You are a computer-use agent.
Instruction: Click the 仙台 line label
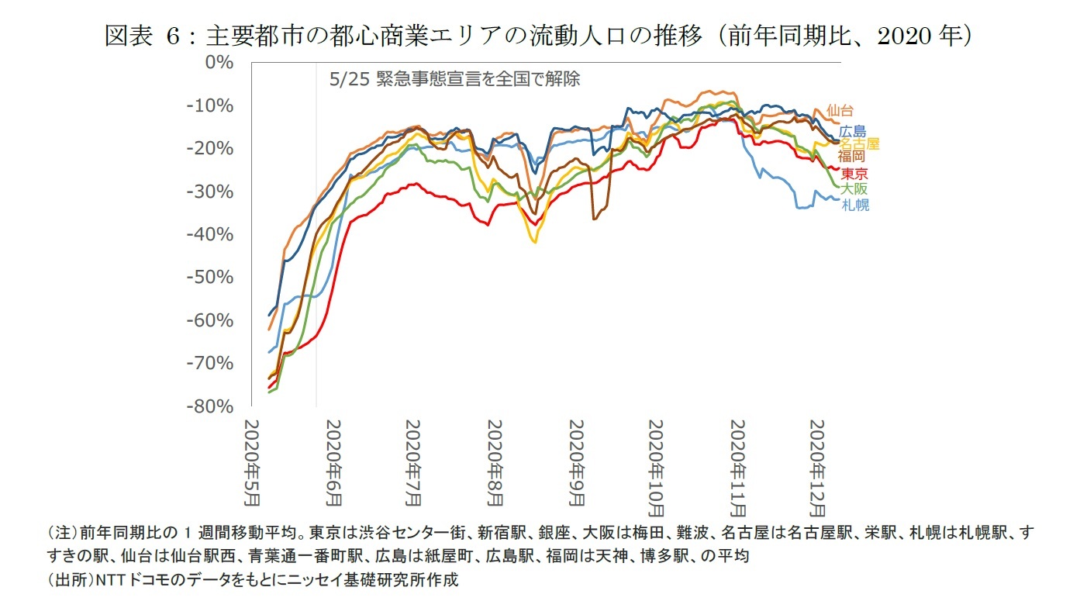(840, 110)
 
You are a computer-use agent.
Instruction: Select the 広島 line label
(853, 132)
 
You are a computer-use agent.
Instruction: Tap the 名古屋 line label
(861, 144)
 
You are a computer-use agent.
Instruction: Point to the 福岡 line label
(851, 157)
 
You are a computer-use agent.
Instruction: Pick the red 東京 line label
(854, 174)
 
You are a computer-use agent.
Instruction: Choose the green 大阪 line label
(855, 189)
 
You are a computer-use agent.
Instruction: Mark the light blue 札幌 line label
(855, 206)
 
